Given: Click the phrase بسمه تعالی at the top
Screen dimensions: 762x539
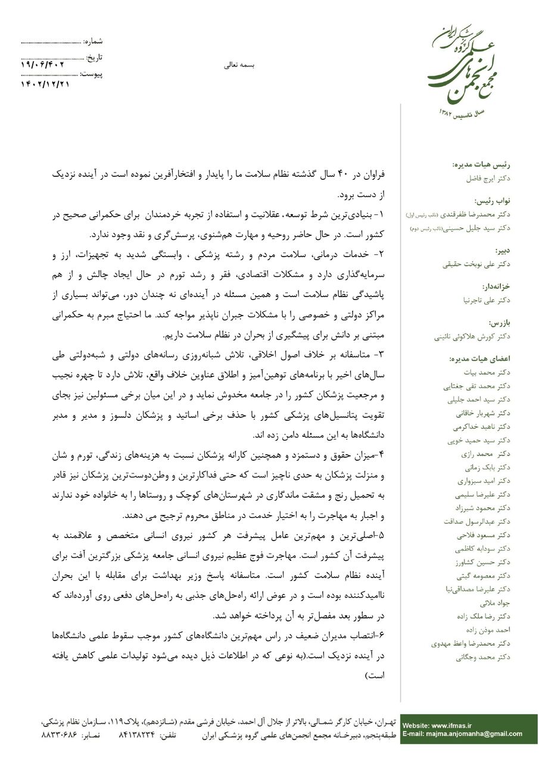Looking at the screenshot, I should coord(239,65).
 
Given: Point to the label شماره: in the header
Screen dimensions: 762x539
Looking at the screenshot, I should coord(93,41).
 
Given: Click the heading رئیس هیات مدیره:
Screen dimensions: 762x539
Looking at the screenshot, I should coord(482,164).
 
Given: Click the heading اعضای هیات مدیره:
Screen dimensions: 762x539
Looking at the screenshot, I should coord(479,359).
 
